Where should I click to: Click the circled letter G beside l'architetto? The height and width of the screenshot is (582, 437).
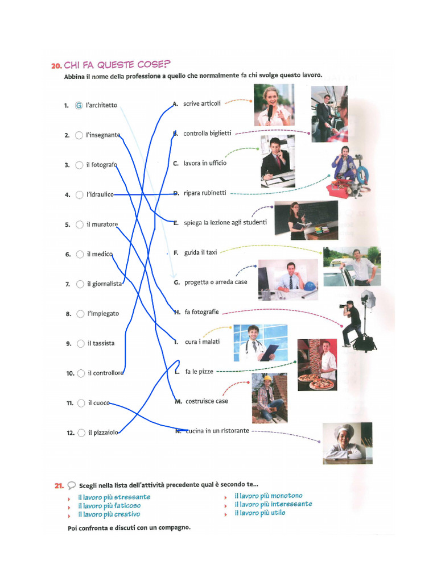pos(79,105)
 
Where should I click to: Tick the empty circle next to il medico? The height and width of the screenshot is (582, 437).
pos(80,254)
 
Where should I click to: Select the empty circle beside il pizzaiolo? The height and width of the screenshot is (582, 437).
pos(81,433)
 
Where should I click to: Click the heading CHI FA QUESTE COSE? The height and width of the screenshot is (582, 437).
pos(117,65)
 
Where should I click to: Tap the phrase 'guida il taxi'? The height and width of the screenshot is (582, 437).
pos(201,252)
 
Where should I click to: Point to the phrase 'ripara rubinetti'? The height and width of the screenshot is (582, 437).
pos(205,193)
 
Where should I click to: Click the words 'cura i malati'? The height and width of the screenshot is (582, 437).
pos(203,342)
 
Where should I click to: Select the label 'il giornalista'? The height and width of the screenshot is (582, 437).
pos(105,284)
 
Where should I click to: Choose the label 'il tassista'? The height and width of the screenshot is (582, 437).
pos(101,343)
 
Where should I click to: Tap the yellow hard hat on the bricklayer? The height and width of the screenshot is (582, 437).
pos(268,378)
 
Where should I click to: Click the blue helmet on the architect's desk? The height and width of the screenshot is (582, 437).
pos(310,286)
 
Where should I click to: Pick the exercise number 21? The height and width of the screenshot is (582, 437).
pos(59,485)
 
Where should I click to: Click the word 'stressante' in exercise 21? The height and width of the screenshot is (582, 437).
pos(132,497)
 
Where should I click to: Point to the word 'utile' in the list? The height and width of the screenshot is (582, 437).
pos(278,513)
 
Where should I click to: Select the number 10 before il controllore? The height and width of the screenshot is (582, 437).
pos(70,373)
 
